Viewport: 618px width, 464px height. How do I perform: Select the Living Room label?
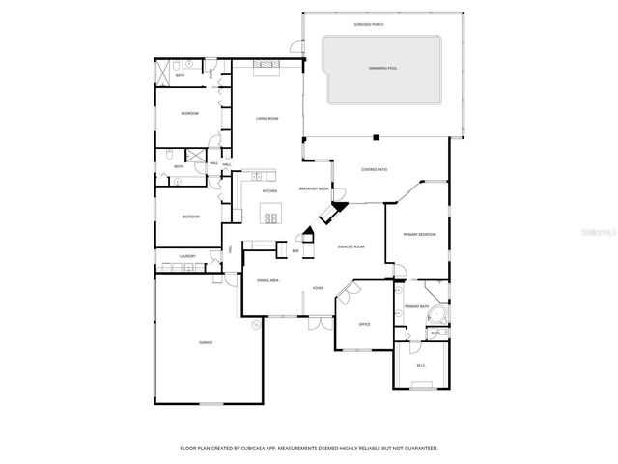pyautogui.click(x=267, y=118)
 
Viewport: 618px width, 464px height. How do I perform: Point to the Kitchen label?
pyautogui.click(x=269, y=191)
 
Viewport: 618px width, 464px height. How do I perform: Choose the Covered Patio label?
pyautogui.click(x=375, y=169)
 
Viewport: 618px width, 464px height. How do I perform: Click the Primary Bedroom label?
pyautogui.click(x=419, y=234)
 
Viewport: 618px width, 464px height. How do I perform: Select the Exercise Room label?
pyautogui.click(x=351, y=247)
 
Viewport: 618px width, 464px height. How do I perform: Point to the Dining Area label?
pyautogui.click(x=267, y=280)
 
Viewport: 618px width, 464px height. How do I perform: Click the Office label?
pyautogui.click(x=364, y=324)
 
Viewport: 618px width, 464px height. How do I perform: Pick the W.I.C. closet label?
pyautogui.click(x=421, y=365)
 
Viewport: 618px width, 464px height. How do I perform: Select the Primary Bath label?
pyautogui.click(x=417, y=306)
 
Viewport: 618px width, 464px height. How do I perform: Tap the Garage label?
pyautogui.click(x=206, y=342)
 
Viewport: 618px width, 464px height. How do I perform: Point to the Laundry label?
pyautogui.click(x=187, y=256)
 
